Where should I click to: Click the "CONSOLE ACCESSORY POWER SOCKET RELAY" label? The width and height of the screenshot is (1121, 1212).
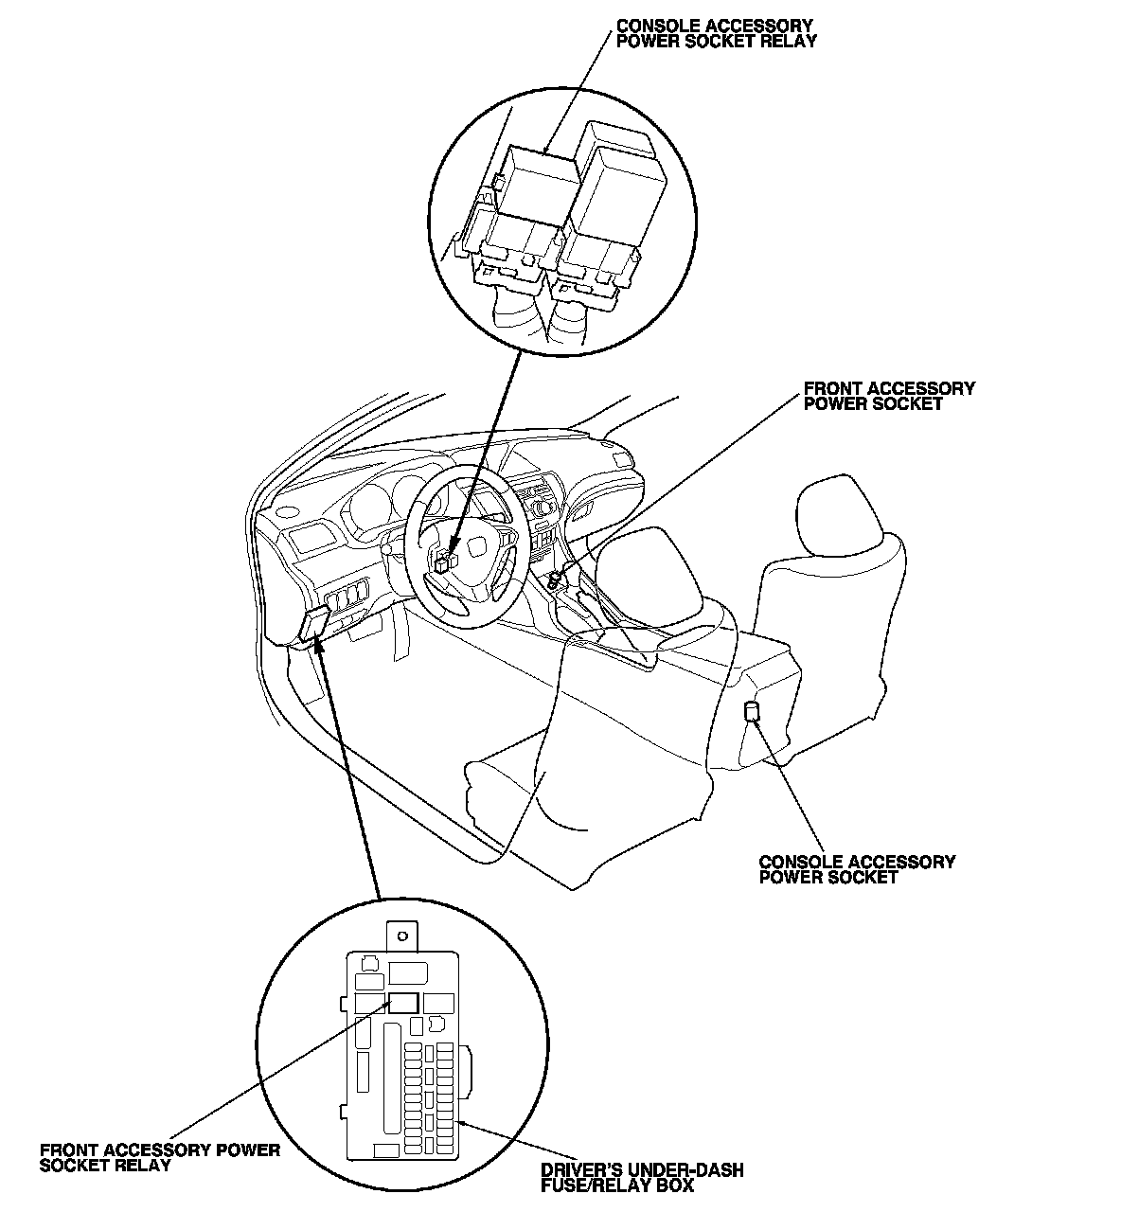pos(716,33)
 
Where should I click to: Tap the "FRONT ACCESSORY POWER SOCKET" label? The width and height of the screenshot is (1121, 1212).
pos(889,396)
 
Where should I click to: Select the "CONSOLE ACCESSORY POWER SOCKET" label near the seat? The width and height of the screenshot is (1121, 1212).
pos(857,869)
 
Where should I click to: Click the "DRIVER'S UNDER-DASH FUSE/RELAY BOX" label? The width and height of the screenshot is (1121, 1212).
pos(642,1178)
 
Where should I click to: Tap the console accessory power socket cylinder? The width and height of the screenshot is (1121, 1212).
pos(751,712)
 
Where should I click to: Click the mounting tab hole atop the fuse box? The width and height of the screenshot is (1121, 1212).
pos(402,936)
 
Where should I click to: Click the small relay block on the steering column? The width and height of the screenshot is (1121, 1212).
pos(445,561)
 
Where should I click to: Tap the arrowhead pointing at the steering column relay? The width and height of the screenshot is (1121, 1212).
pos(454,551)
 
